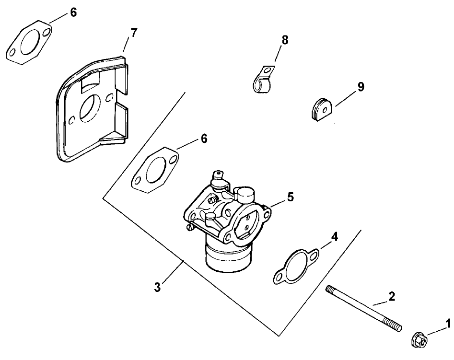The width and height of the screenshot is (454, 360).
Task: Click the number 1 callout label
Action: click(x=448, y=324)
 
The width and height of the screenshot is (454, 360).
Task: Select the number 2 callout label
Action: click(x=392, y=297)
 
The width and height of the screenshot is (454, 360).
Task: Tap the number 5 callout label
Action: click(x=290, y=197)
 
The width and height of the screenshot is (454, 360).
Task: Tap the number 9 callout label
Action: click(x=361, y=87)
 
